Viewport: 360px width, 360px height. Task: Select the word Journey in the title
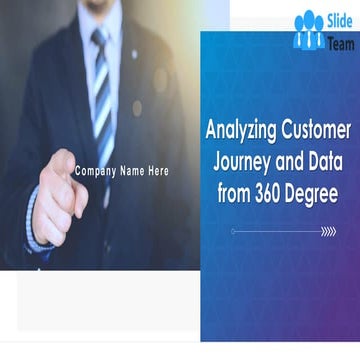(x=246, y=161)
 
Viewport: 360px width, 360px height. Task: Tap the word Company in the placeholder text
(x=93, y=171)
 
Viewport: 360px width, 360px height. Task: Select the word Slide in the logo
(x=338, y=20)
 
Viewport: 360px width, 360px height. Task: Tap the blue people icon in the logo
(x=309, y=30)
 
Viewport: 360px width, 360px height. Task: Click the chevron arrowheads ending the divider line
(x=328, y=231)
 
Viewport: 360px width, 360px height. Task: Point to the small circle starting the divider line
(x=233, y=231)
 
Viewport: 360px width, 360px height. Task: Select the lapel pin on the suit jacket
(x=133, y=53)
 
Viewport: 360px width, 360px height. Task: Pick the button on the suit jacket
(x=137, y=108)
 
